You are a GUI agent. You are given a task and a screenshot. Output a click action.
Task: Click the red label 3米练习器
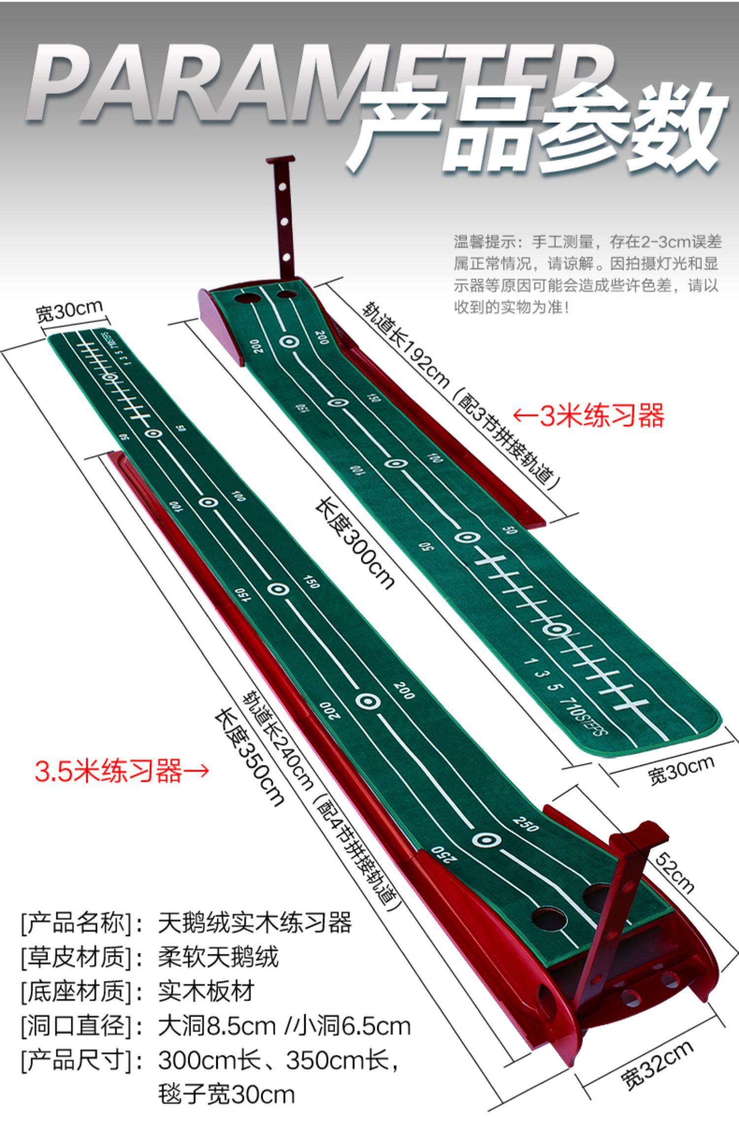(589, 416)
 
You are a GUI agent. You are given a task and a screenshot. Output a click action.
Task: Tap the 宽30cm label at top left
(69, 310)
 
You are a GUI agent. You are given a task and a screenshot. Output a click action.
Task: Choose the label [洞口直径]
(76, 1026)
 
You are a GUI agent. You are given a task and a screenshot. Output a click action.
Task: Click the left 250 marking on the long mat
(444, 855)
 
